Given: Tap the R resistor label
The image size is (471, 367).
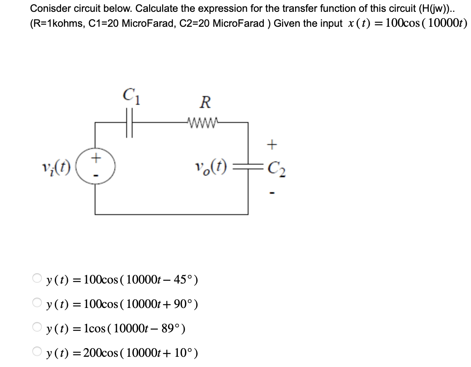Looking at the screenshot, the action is pyautogui.click(x=205, y=102).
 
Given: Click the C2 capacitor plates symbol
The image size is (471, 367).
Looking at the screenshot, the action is pyautogui.click(x=249, y=168).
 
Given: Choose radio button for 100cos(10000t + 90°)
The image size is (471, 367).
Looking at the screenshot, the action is pyautogui.click(x=37, y=303).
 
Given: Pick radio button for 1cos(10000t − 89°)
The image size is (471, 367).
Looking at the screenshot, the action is pyautogui.click(x=37, y=327).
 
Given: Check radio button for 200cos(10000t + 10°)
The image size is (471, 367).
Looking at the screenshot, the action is pyautogui.click(x=37, y=352).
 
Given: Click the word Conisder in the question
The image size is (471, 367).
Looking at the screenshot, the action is pyautogui.click(x=47, y=8).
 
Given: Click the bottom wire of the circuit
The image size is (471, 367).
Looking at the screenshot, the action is pyautogui.click(x=172, y=214).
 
